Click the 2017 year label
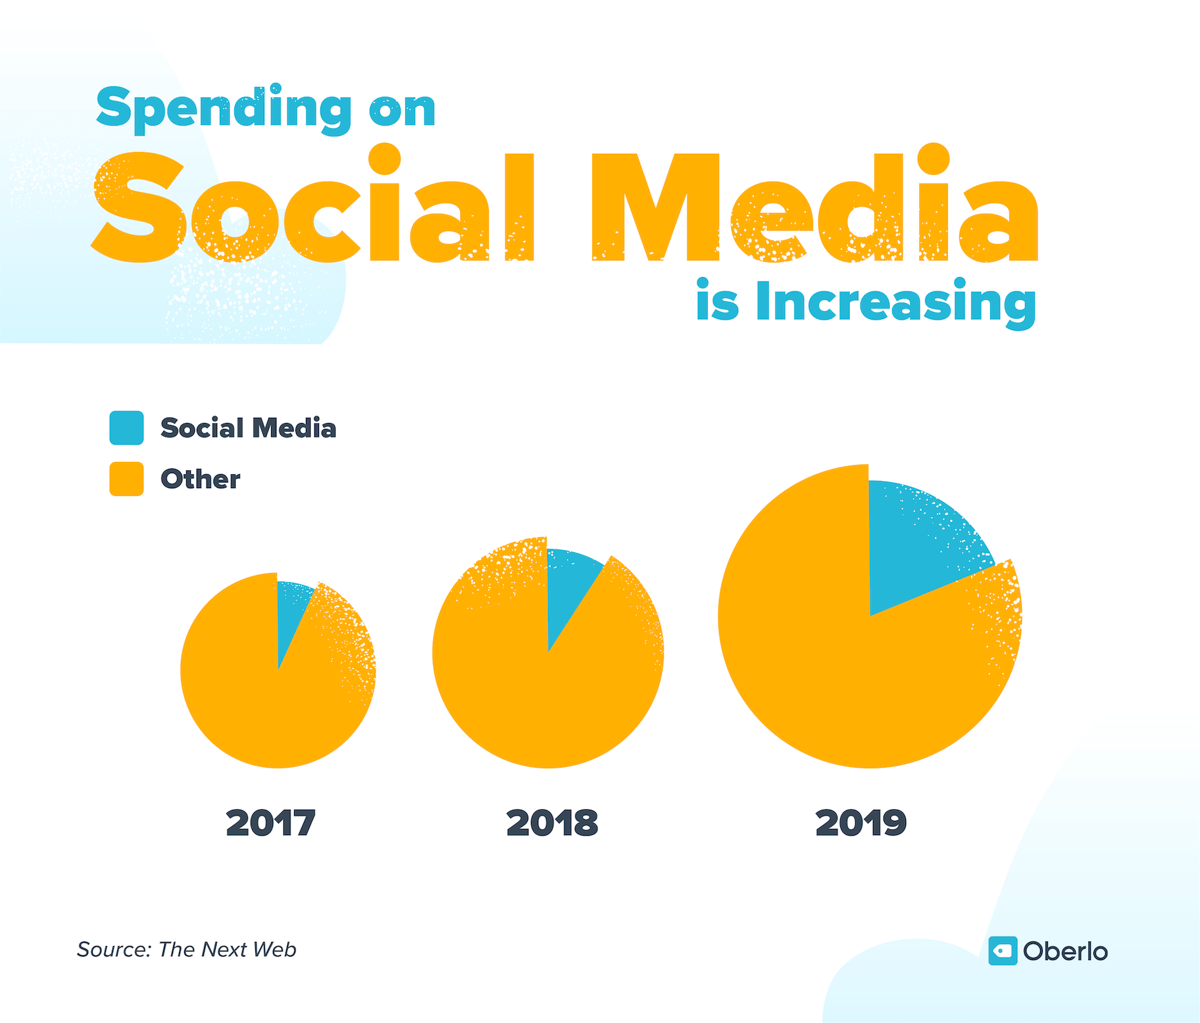point(270,823)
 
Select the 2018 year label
point(552,823)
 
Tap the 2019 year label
point(861,823)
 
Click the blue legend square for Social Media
point(126,428)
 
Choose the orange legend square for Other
point(126,478)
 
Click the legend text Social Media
point(248,428)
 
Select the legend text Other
point(200,479)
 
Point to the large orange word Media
point(816,207)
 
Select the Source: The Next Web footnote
point(186,949)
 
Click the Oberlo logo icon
point(1003,951)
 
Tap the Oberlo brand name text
point(1065,951)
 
